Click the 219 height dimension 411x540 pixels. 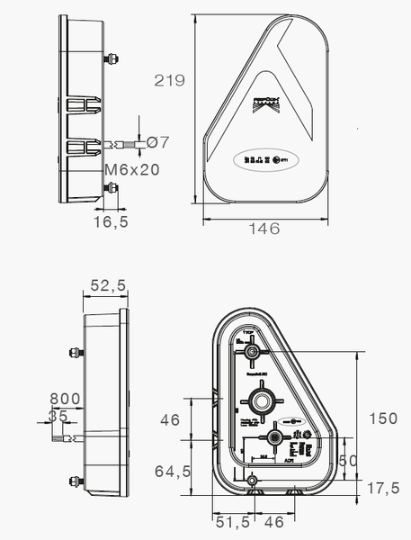169,80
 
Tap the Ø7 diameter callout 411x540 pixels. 157,142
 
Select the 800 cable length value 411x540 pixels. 65,399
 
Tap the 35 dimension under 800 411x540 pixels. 58,416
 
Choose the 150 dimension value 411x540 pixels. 385,418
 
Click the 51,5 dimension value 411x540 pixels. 231,521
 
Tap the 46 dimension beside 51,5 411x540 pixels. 273,521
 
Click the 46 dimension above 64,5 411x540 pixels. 171,419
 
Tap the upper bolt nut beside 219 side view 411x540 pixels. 112,60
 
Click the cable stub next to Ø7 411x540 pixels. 125,143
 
